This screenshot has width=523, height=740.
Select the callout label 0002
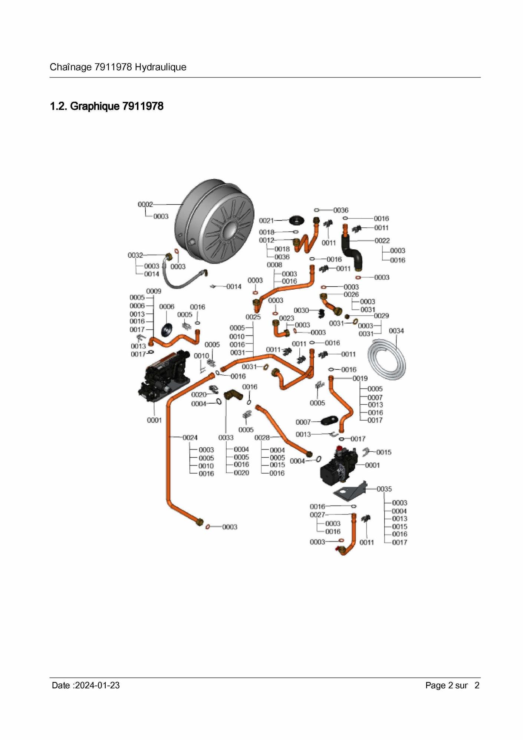[145, 204]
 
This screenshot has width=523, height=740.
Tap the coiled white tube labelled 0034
[387, 360]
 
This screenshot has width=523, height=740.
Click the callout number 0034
[396, 330]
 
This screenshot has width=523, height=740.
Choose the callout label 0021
[266, 221]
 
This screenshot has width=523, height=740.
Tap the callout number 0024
[190, 438]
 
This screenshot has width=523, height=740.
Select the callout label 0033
[226, 438]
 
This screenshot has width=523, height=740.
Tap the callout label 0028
[262, 438]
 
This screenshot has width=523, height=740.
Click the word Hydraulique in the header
[160, 67]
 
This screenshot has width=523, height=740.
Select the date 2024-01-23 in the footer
[97, 685]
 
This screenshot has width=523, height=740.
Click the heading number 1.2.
[58, 106]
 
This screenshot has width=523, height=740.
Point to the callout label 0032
[135, 255]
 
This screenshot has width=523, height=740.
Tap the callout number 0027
[317, 515]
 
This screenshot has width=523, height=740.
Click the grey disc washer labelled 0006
[167, 329]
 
